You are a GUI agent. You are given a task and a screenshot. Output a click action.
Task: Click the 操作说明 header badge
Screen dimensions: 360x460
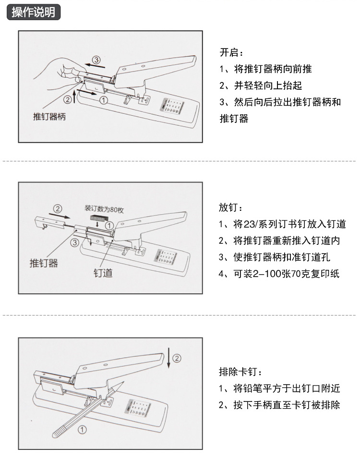(x=33, y=12)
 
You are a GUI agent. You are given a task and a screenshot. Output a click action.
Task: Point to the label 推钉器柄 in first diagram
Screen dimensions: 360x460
(x=49, y=117)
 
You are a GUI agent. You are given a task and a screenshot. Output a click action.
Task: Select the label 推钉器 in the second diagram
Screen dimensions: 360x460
(x=44, y=263)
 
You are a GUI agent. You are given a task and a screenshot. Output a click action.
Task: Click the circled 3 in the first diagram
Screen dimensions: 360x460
(x=96, y=60)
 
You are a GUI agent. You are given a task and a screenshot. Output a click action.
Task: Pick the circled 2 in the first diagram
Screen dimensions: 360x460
(x=68, y=99)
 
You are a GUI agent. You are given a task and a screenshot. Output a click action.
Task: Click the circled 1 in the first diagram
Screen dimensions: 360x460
(x=103, y=100)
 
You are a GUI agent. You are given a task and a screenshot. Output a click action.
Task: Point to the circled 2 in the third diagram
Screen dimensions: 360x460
(x=177, y=358)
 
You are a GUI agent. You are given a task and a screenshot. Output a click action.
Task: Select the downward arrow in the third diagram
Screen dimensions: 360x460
(x=168, y=358)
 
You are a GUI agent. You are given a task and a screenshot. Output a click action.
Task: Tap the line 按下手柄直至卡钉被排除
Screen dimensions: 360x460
(x=279, y=405)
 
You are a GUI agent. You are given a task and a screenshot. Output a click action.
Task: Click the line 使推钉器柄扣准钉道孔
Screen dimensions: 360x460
(x=275, y=257)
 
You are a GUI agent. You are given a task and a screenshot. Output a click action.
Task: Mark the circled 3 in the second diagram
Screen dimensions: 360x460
(x=74, y=242)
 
